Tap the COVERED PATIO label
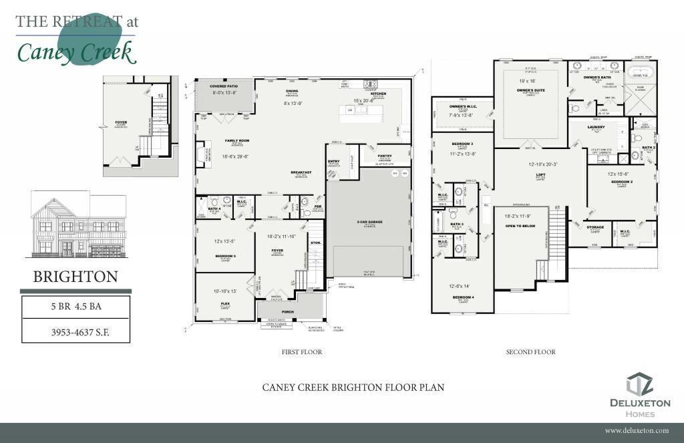(224, 87)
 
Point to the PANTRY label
(384, 155)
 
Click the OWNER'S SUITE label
(533, 90)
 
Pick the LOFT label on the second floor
(540, 175)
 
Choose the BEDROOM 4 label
(463, 296)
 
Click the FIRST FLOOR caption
(302, 352)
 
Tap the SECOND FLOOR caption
(530, 352)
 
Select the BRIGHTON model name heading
(75, 276)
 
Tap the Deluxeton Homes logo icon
(639, 385)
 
